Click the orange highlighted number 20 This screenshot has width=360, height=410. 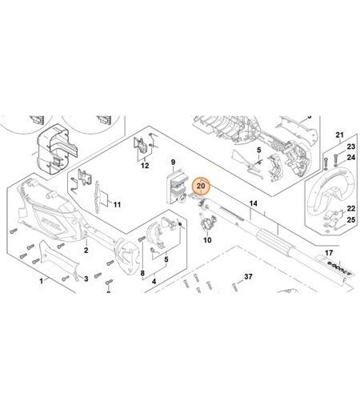(201, 186)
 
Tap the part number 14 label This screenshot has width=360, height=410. (253, 203)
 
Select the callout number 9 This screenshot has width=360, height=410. (173, 162)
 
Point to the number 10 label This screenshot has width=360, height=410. (207, 240)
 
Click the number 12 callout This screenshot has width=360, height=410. (145, 166)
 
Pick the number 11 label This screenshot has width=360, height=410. (117, 205)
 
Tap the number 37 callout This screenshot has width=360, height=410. (248, 277)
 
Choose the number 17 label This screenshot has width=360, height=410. (329, 252)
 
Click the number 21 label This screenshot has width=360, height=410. (339, 135)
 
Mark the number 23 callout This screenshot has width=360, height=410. (351, 147)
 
